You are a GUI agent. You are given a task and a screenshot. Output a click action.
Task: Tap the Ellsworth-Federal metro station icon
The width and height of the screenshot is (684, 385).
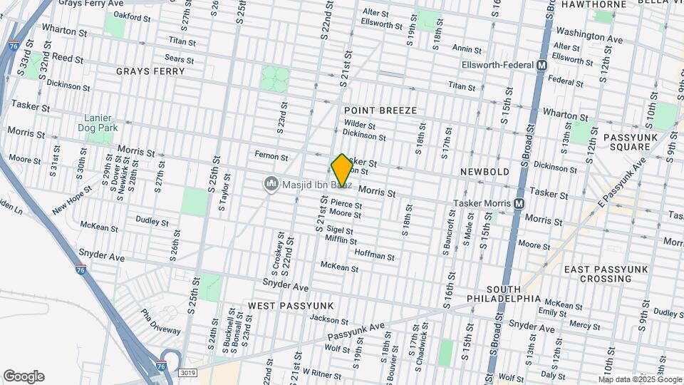pyautogui.click(x=541, y=65)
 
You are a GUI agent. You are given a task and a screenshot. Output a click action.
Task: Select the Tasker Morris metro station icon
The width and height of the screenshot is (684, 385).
pyautogui.click(x=519, y=203)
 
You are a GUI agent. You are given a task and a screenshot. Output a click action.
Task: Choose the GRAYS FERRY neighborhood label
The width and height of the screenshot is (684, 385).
pyautogui.click(x=150, y=71)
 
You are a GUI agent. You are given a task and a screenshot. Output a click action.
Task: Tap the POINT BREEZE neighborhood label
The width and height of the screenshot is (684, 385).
pyautogui.click(x=380, y=111)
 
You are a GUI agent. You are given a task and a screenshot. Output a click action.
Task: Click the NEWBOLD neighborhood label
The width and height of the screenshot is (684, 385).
pyautogui.click(x=484, y=173)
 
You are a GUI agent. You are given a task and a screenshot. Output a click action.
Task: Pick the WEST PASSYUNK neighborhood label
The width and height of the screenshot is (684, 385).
pyautogui.click(x=291, y=305)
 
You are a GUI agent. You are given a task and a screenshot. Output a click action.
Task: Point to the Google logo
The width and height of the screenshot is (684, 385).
pyautogui.click(x=24, y=376)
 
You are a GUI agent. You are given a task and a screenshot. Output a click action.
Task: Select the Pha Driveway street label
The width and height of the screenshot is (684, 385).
pyautogui.click(x=160, y=321)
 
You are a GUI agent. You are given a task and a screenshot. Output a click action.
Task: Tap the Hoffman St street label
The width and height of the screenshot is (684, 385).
pyautogui.click(x=374, y=255)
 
